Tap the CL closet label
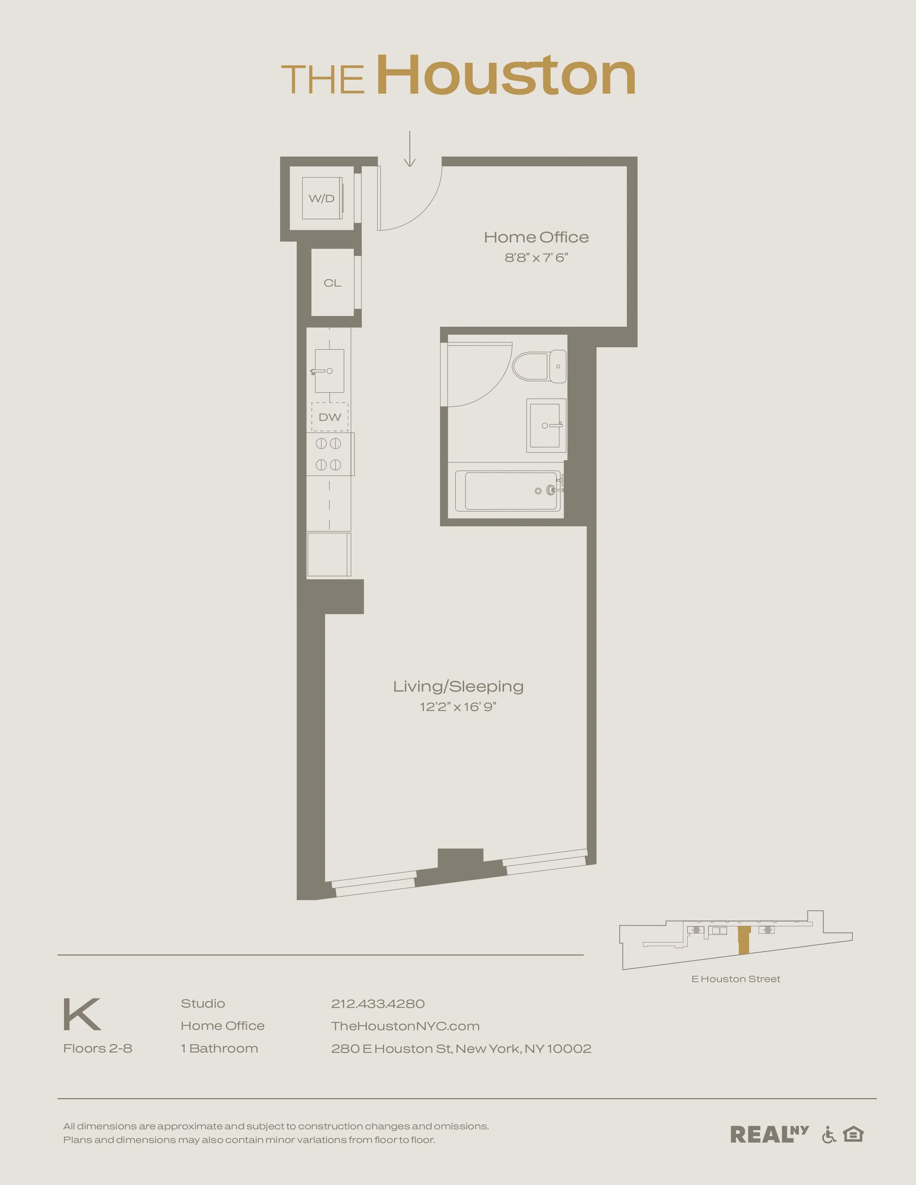coord(332,283)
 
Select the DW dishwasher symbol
coord(330,417)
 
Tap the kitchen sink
coord(329,371)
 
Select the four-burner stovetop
coord(329,454)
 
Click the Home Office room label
coord(536,237)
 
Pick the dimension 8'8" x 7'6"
coord(536,258)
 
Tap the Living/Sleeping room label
coord(458,686)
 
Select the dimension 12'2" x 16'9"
coord(458,707)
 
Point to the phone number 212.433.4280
coord(378,1004)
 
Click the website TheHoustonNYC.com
coord(405,1026)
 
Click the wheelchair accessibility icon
coord(829,1134)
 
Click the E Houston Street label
coord(735,979)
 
